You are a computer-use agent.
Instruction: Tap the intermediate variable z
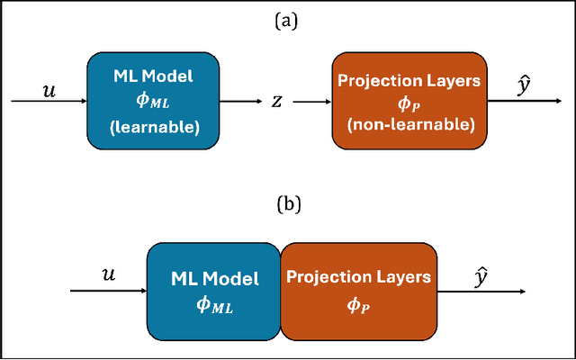277,102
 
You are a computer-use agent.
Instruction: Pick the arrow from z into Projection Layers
311,102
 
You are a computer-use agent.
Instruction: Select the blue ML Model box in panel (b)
214,292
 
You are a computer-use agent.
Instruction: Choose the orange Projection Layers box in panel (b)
358,292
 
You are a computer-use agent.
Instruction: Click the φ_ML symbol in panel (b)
214,306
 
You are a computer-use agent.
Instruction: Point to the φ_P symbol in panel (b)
358,306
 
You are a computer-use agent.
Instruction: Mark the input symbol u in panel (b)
109,278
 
